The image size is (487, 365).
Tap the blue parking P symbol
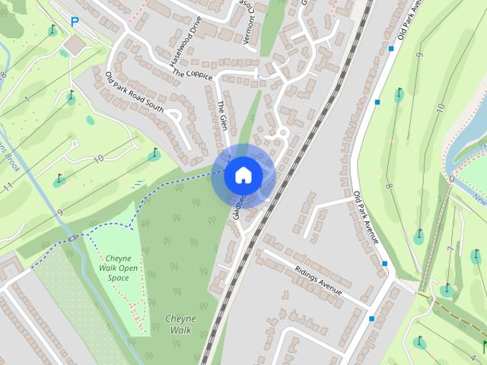coord(74,22)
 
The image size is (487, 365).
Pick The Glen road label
coord(222,116)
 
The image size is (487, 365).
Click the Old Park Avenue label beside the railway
coord(366,217)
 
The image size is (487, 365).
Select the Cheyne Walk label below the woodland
coord(180,324)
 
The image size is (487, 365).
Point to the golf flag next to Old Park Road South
coord(153,154)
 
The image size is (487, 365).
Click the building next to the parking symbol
coord(75,46)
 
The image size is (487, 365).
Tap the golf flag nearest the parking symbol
coord(52,31)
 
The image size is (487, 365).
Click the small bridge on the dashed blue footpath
coord(73,238)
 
